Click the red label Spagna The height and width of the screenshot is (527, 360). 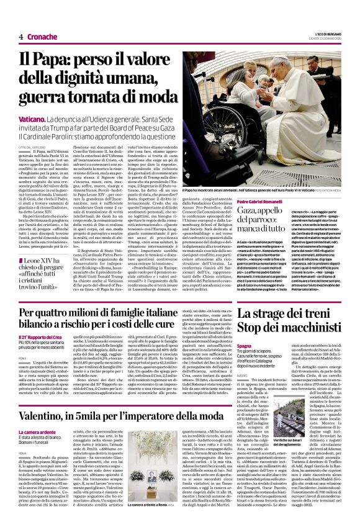pos(243,345)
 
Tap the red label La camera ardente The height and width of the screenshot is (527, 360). pos(37,431)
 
